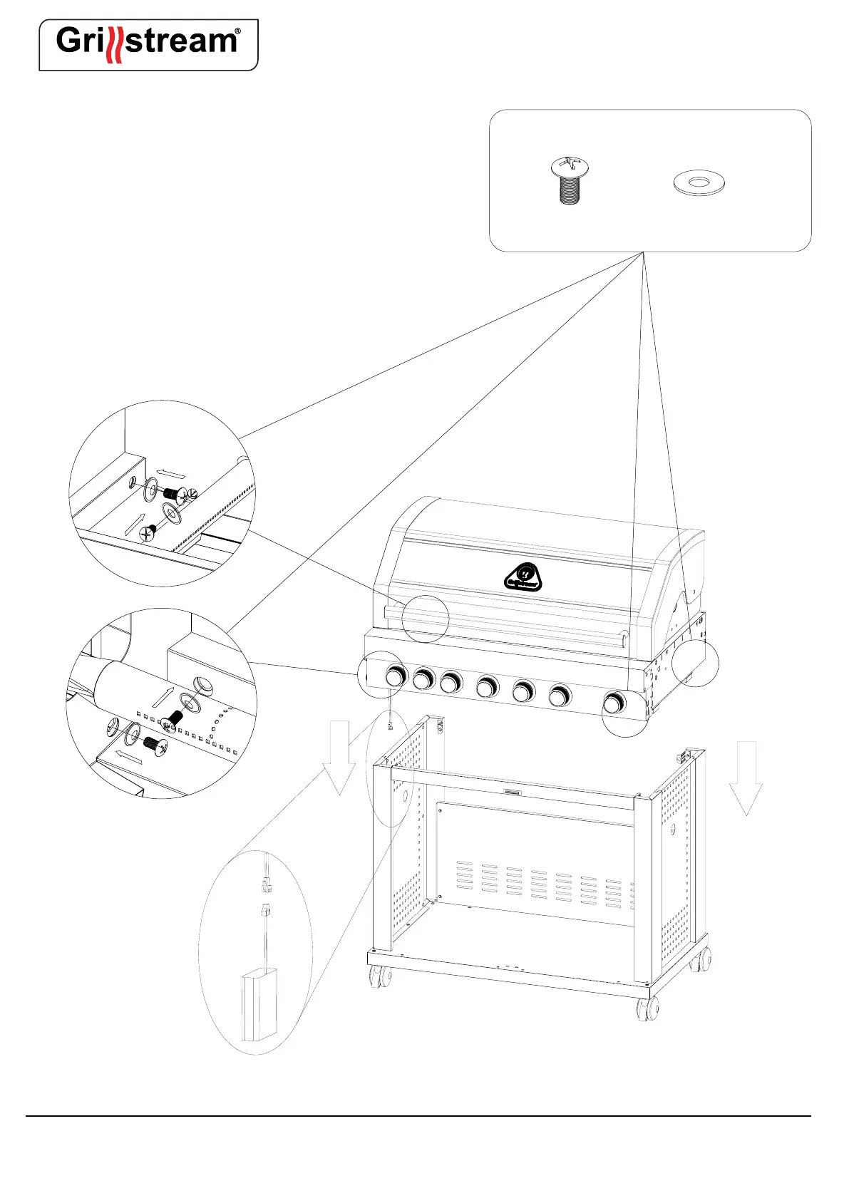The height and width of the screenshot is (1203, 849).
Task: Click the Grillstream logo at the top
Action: (148, 44)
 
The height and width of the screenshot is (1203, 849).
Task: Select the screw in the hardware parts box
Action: (569, 181)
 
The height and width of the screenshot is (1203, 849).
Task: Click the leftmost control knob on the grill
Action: (394, 676)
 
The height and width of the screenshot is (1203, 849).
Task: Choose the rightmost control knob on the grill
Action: (612, 703)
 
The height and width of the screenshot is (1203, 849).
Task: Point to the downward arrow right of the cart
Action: (746, 778)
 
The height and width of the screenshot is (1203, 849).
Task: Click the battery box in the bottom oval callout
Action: (259, 1005)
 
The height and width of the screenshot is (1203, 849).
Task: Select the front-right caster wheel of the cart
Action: (647, 1008)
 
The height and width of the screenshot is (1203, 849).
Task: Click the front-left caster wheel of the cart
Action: (379, 976)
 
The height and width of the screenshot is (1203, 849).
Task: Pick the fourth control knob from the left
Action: (488, 688)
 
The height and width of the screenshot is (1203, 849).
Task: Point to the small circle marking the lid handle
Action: (425, 619)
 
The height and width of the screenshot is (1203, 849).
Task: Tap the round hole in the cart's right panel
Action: (674, 829)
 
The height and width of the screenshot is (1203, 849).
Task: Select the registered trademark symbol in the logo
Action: (237, 31)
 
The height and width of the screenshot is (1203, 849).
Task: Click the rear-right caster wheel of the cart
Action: (701, 961)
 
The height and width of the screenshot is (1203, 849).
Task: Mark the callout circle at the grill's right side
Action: (695, 664)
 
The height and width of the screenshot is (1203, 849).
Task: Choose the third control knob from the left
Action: (451, 683)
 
